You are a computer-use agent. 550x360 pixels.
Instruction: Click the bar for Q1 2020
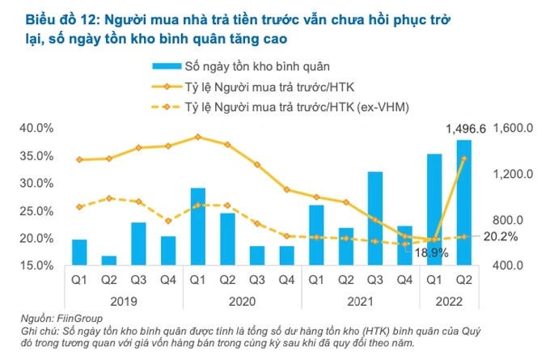click(197, 227)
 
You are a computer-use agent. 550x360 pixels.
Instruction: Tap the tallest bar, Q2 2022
click(463, 202)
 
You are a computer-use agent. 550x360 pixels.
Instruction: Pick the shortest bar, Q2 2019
click(108, 260)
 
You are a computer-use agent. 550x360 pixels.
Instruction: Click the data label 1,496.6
click(466, 129)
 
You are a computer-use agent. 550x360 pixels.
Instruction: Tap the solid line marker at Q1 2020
click(197, 137)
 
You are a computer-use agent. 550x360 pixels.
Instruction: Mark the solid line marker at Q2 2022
click(463, 159)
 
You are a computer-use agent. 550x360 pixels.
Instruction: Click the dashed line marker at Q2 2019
click(108, 197)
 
